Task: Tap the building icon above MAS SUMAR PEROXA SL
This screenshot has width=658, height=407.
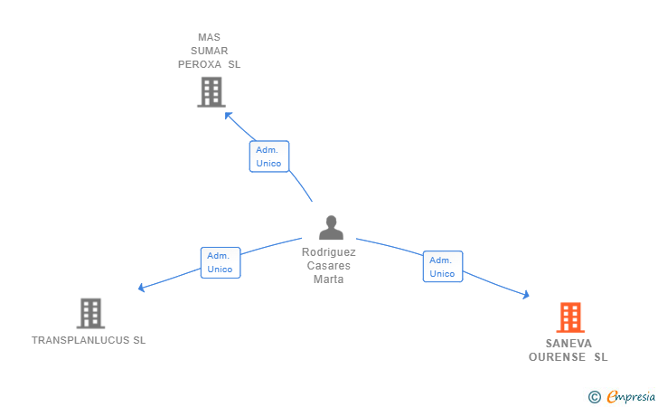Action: tap(210, 91)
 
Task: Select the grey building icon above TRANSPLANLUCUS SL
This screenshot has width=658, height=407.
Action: tap(90, 313)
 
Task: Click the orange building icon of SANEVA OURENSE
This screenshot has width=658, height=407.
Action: tap(569, 317)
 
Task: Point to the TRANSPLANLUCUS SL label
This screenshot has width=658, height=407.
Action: tap(89, 341)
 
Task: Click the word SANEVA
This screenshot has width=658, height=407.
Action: tap(569, 344)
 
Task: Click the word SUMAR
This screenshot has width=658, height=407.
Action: tap(210, 52)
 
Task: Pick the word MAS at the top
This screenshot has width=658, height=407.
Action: tap(210, 38)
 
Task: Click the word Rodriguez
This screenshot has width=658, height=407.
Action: tap(329, 252)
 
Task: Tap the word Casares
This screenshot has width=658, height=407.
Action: tap(329, 266)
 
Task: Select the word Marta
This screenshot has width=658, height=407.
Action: tap(329, 279)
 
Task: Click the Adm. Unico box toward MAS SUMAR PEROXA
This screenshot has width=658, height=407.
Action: tap(268, 156)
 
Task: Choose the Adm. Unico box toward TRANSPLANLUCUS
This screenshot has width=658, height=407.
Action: tap(220, 262)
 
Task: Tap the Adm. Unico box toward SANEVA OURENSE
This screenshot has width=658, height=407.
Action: tap(442, 267)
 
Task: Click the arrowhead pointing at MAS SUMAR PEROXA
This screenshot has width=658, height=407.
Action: tap(228, 115)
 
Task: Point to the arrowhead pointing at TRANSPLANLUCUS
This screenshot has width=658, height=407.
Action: tap(141, 289)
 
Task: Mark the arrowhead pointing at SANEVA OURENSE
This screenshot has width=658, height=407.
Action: tap(526, 295)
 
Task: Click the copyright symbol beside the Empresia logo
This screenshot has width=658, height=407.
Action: tap(594, 396)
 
